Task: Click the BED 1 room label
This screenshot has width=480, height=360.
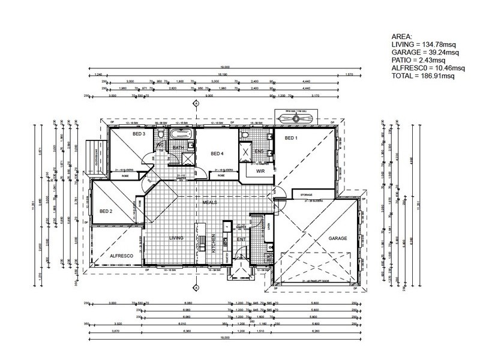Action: coord(291,138)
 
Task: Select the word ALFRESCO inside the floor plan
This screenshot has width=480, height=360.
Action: coord(120,256)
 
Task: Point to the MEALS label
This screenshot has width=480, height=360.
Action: coord(209,202)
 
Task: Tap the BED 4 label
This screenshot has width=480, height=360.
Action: coord(217,154)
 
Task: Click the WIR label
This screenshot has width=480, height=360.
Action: coord(260,171)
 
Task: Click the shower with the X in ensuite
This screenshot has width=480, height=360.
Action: coord(247,152)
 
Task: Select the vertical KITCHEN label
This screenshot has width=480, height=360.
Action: coord(215,246)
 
